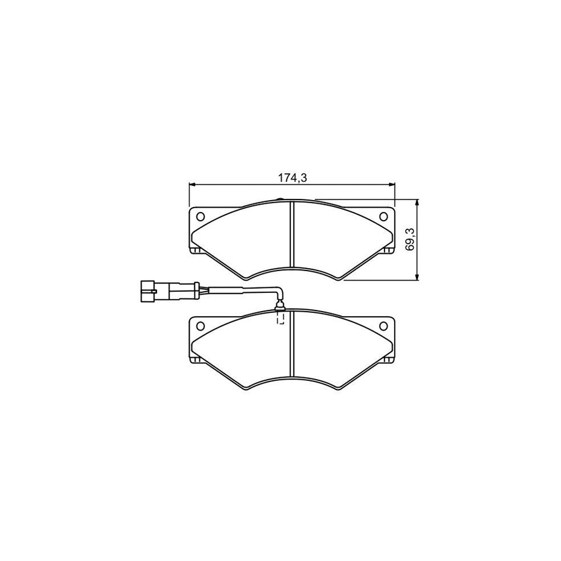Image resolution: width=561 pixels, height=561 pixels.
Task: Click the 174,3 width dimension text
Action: [x=292, y=178]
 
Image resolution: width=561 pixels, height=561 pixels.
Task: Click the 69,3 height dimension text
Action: [x=410, y=239]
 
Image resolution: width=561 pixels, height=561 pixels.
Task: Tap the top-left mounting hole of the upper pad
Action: [x=201, y=217]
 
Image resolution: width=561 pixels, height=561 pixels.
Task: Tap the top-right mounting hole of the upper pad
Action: [x=383, y=216]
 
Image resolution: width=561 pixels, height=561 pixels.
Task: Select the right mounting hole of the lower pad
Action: [x=383, y=327]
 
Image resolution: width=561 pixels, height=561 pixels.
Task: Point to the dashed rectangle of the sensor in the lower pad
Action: [x=280, y=319]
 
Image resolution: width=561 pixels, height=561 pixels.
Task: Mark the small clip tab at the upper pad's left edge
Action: [x=196, y=251]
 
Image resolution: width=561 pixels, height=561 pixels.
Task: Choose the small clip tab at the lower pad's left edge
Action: [x=196, y=361]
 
